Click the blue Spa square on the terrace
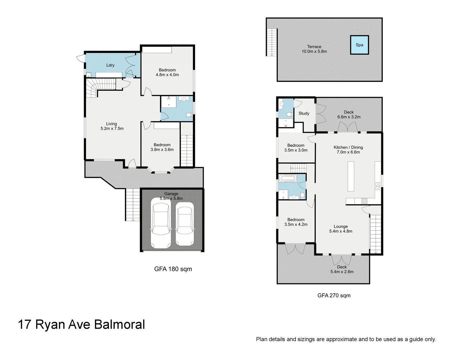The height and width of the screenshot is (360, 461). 359,45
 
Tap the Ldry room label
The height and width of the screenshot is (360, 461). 110,65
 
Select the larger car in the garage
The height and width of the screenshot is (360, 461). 161,223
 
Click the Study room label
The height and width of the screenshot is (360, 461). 304,113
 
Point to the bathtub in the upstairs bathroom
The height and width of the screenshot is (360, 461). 287,178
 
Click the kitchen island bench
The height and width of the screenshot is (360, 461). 351,176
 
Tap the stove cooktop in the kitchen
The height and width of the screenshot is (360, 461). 364,201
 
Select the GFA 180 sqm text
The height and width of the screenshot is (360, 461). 173,269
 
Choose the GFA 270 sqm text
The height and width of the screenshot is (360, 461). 334,295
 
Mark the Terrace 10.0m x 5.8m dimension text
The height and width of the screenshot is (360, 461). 314,52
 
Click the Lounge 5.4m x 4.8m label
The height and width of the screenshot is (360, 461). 341,229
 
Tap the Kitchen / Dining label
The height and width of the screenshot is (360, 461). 348,147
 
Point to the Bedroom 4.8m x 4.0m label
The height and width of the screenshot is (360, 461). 167,72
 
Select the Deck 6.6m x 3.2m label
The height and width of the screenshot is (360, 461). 349,115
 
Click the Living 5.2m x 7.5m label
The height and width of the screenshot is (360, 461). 112,126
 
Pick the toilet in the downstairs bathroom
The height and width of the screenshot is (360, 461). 189,115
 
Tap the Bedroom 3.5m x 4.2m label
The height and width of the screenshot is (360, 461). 296,222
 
